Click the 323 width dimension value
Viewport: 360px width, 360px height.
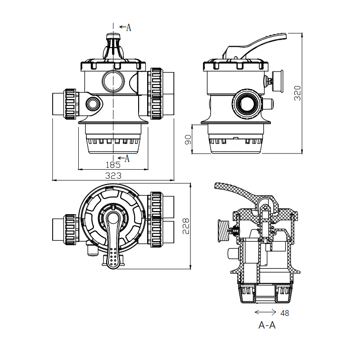point(113,175)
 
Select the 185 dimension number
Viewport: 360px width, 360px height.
point(113,165)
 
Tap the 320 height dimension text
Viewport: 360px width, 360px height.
point(297,93)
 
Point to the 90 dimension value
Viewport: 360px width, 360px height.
point(188,139)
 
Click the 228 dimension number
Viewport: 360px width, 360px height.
point(186,226)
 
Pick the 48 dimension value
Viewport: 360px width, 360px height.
point(285,313)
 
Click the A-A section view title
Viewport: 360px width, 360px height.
point(267,325)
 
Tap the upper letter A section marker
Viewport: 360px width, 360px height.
point(129,27)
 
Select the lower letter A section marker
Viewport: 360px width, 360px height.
point(127,158)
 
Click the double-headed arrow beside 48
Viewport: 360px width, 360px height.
point(265,312)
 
